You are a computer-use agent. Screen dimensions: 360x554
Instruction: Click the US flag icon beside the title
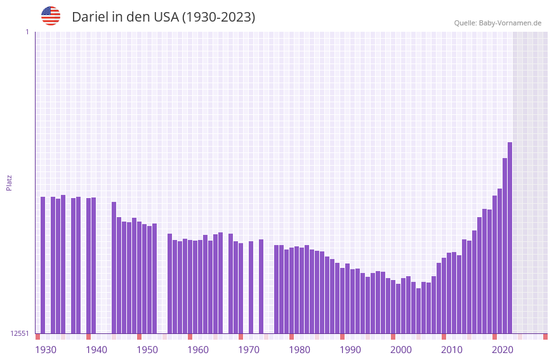(51, 16)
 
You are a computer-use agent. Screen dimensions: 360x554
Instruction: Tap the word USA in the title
(166, 17)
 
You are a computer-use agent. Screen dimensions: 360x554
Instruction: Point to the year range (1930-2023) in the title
(219, 17)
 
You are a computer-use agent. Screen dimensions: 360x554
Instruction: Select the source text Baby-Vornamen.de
(510, 23)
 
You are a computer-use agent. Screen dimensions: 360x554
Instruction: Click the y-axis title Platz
(9, 182)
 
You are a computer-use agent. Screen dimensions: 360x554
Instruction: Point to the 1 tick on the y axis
(27, 32)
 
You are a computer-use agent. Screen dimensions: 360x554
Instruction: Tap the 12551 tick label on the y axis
(20, 333)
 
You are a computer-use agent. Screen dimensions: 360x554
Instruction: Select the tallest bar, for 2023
(510, 237)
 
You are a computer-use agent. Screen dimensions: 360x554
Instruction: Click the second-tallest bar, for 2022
(505, 245)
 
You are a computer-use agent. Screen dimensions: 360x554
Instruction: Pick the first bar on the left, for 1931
(43, 265)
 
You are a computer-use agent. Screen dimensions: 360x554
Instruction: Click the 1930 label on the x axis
(46, 350)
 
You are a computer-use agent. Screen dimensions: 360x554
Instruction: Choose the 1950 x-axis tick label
(147, 350)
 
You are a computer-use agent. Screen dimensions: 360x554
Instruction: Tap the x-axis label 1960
(198, 350)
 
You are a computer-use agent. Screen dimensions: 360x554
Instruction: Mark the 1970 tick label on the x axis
(249, 350)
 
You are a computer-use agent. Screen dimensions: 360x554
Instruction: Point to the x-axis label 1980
(300, 350)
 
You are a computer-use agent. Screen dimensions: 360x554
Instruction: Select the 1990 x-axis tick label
(350, 350)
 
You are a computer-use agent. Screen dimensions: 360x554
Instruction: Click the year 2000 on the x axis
(401, 350)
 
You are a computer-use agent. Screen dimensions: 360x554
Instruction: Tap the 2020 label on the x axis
(503, 350)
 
